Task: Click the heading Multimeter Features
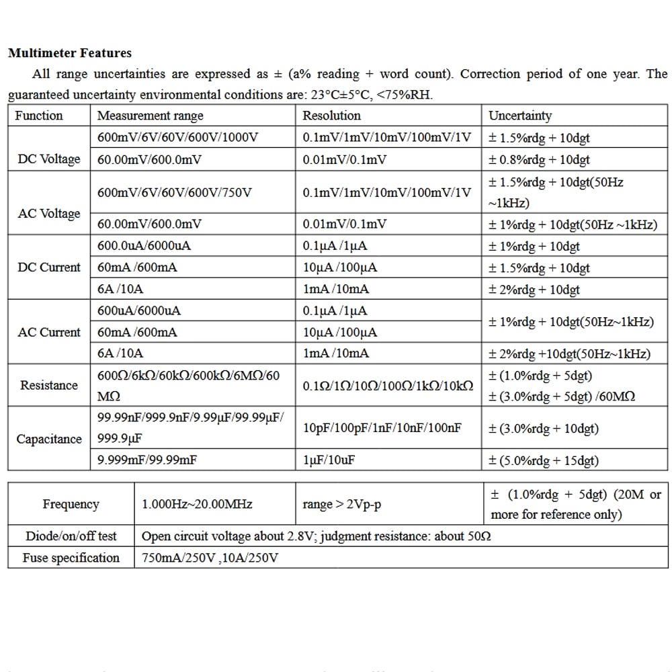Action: [x=70, y=53]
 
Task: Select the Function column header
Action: [x=39, y=116]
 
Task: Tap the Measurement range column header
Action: [x=151, y=116]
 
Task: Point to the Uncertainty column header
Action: [x=520, y=116]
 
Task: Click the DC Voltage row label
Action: [x=48, y=159]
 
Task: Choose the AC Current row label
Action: [x=48, y=332]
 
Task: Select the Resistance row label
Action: [x=48, y=385]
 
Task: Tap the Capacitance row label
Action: [x=48, y=439]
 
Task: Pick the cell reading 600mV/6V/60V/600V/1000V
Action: [x=177, y=138]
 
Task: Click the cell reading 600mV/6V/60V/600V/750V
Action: [x=175, y=192]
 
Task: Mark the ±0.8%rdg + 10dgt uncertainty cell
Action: [x=539, y=159]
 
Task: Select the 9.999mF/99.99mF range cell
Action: [x=147, y=460]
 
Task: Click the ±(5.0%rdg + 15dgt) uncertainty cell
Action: [x=544, y=460]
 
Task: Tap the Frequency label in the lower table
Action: [x=71, y=504]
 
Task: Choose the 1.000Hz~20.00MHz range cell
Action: [x=197, y=504]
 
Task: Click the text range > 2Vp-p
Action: [x=342, y=504]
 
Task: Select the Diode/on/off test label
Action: [x=71, y=536]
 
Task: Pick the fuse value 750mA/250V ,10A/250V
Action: [x=210, y=558]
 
